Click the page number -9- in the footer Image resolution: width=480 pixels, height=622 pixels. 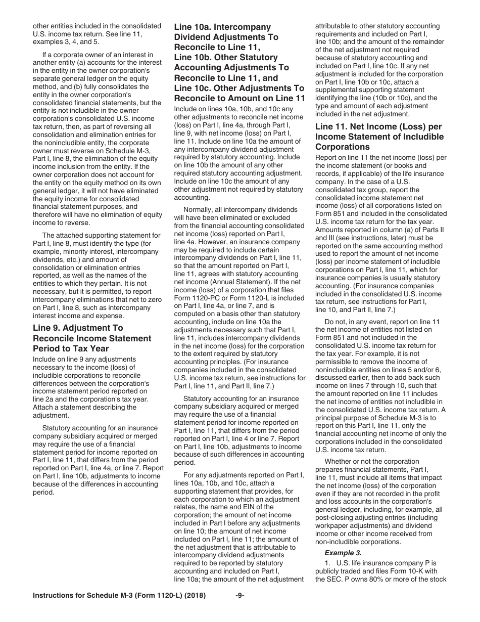(240, 595)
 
